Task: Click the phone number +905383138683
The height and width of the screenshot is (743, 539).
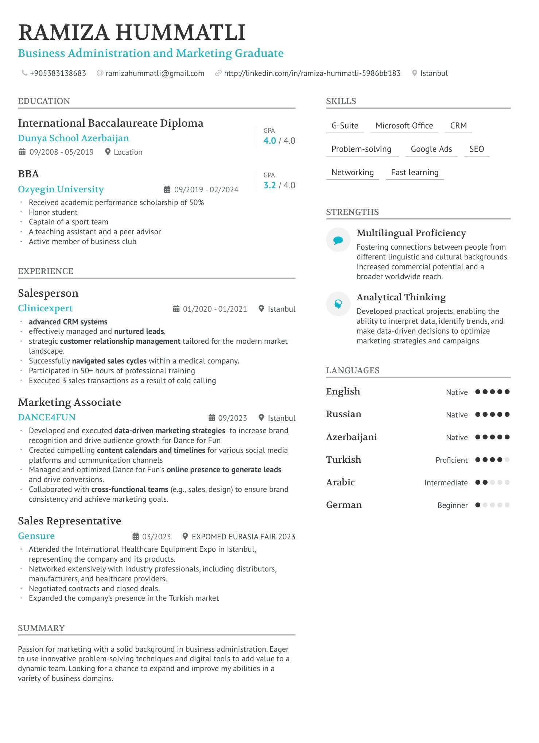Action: point(58,73)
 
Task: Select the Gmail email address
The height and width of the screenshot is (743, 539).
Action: point(155,73)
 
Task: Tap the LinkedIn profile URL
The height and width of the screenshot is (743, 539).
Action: point(312,73)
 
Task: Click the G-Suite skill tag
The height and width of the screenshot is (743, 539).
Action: point(345,126)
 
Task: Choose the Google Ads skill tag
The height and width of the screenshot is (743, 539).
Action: point(431,149)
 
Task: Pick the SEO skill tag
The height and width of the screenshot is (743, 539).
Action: point(476,149)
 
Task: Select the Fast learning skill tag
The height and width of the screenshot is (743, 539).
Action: point(415,173)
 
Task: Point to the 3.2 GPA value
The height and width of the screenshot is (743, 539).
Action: point(269,185)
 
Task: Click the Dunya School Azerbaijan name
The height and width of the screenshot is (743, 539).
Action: point(73,138)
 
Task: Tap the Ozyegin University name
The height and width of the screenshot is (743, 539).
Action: point(61,189)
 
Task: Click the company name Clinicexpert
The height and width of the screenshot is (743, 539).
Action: point(45,308)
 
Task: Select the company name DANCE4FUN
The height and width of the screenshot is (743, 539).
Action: point(47,417)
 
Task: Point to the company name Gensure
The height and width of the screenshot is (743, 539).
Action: point(36,536)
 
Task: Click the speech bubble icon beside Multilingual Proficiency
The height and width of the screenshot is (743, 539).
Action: point(338,240)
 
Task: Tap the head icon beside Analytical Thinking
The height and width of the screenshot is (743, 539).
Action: point(338,304)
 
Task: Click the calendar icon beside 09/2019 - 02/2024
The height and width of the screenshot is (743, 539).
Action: point(167,189)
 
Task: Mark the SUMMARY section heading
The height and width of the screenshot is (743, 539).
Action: point(41,628)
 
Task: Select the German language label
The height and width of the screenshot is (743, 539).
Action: point(344,505)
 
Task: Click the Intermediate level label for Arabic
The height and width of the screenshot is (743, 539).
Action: point(446,483)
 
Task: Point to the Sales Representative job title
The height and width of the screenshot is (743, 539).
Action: point(69,521)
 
